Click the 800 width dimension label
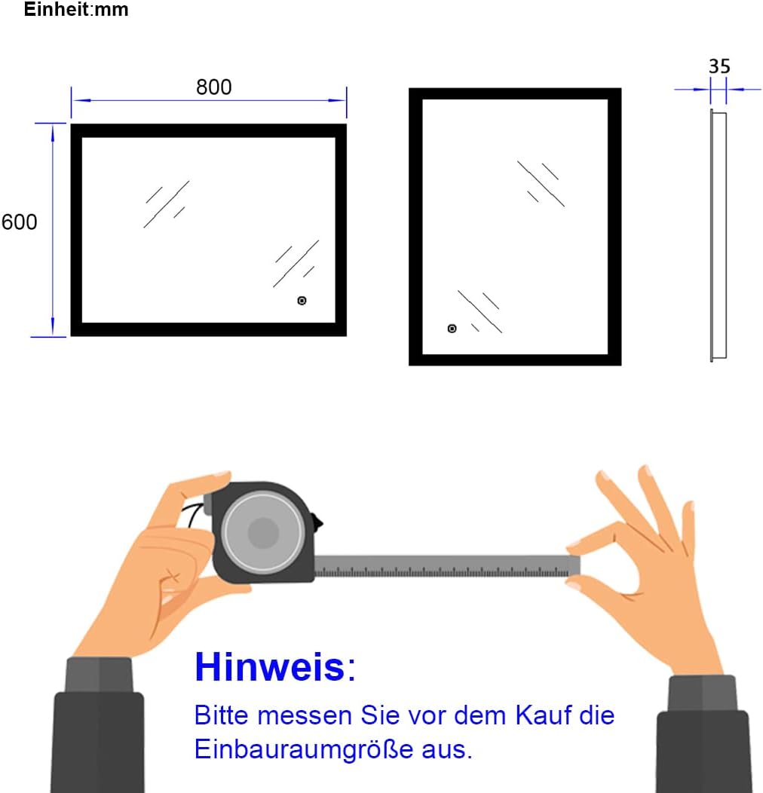pos(213,87)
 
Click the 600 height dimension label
pos(20,222)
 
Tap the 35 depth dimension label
pos(719,66)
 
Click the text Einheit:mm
pos(76,10)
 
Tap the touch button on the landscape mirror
pos(302,301)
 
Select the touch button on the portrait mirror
pos(452,329)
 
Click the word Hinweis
pos(270,667)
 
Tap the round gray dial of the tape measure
pos(262,532)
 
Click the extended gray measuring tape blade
pos(447,566)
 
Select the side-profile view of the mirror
pos(719,235)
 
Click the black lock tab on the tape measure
pos(317,522)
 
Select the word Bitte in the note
pos(222,715)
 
